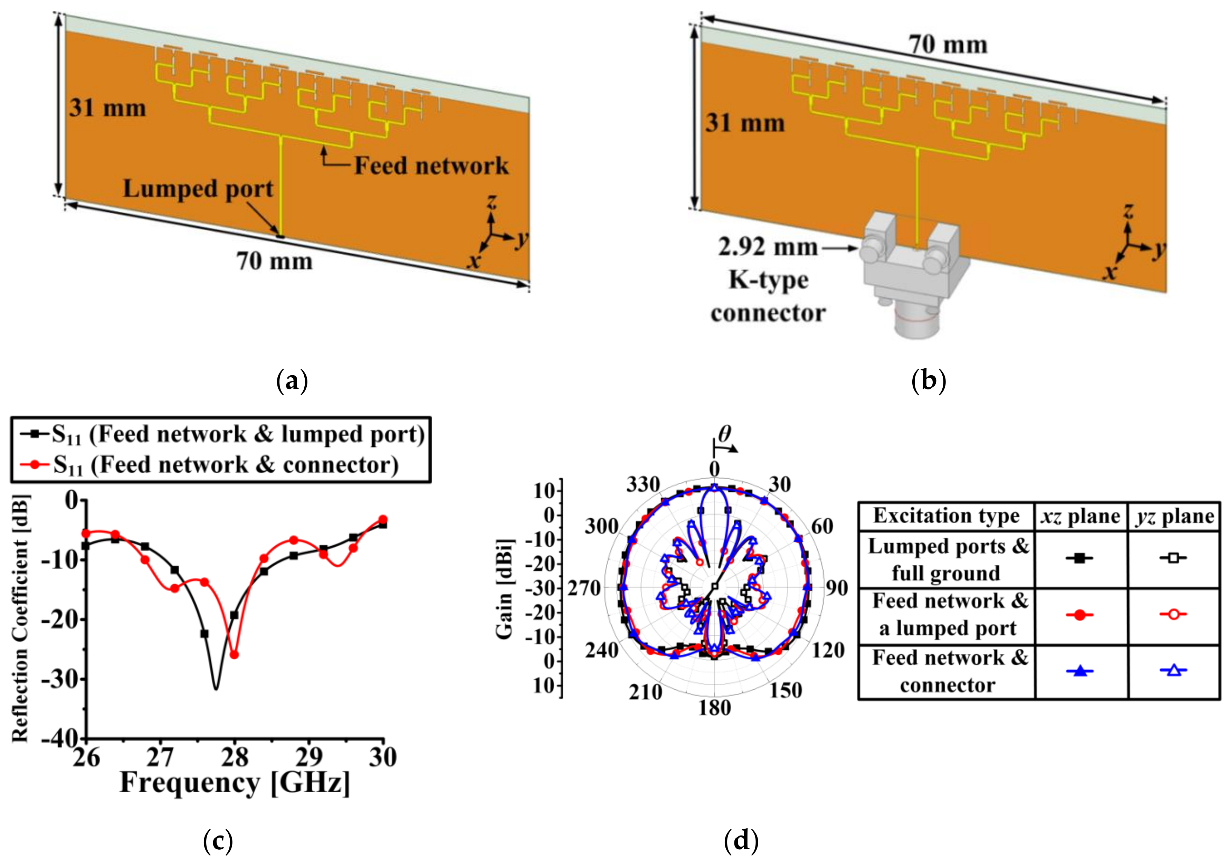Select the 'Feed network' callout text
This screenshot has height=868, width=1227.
(431, 166)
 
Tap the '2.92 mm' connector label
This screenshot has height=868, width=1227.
(768, 247)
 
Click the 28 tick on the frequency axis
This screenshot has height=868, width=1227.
(235, 757)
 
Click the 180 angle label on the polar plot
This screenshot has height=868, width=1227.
(714, 708)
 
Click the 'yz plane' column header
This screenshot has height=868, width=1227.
(1174, 516)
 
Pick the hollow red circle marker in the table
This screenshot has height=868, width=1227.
(1173, 615)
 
